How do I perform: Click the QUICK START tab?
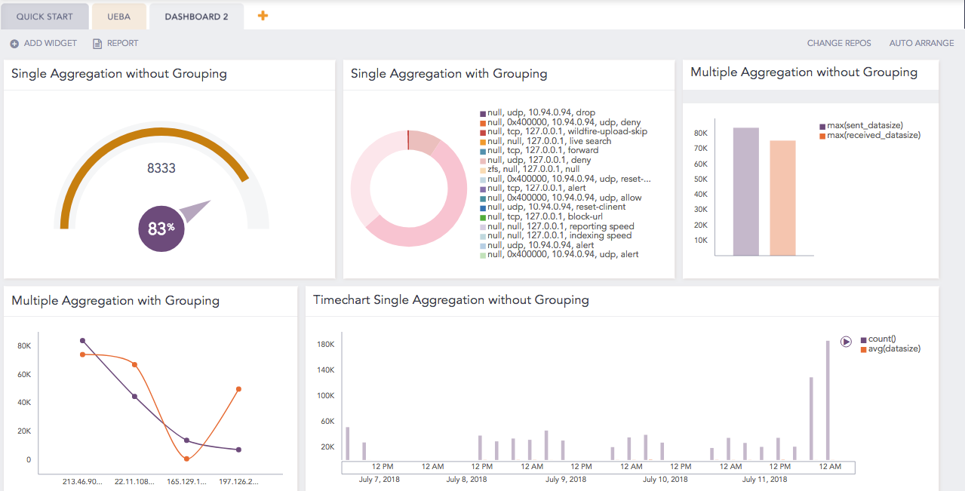pos(45,16)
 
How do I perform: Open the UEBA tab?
pos(118,16)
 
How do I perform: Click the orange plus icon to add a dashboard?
pos(263,15)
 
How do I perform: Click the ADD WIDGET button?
pos(44,43)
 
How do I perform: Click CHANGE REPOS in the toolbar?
pos(838,43)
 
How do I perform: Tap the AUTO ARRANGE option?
pos(921,43)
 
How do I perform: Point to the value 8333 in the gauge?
pos(161,168)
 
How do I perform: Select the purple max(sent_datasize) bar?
pos(745,192)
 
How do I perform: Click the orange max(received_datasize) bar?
pos(782,198)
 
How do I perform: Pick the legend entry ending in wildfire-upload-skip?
pos(567,131)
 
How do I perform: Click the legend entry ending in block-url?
pos(544,216)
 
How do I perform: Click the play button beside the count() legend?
pos(846,341)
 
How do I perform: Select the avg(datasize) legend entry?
pos(894,348)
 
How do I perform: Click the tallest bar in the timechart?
pos(828,400)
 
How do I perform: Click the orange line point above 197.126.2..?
pos(238,389)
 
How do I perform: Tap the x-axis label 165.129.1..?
pos(186,480)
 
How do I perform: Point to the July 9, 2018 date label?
pos(566,479)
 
